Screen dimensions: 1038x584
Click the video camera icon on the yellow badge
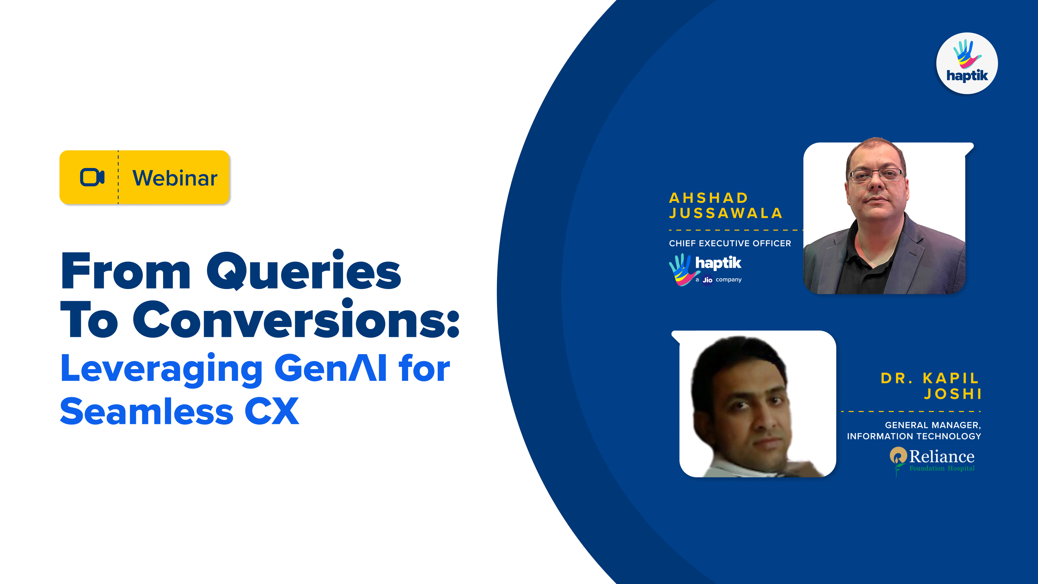pyautogui.click(x=92, y=177)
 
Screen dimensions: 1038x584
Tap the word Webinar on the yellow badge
pyautogui.click(x=175, y=178)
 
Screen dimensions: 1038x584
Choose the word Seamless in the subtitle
pyautogui.click(x=147, y=411)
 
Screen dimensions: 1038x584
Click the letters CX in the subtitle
pyautogui.click(x=272, y=411)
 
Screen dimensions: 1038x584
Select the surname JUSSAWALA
pyautogui.click(x=725, y=213)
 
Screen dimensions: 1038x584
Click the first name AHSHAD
pyautogui.click(x=708, y=198)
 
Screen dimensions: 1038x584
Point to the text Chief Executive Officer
pyautogui.click(x=730, y=243)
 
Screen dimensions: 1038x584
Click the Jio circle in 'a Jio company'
pyautogui.click(x=708, y=280)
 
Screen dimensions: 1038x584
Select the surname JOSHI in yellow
pyautogui.click(x=953, y=394)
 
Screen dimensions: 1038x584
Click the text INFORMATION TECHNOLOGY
pyautogui.click(x=914, y=436)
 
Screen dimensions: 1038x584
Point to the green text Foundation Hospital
pyautogui.click(x=942, y=468)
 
